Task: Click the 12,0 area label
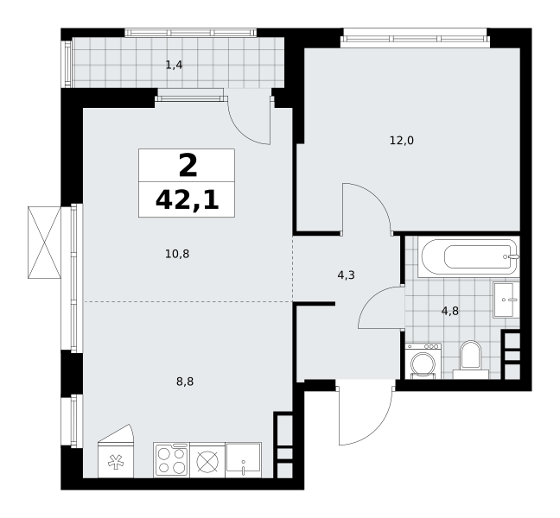pos(402,141)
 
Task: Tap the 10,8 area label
pos(177,254)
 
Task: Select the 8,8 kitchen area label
pos(185,382)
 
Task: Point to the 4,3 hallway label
pos(346,275)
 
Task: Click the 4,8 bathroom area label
pos(450,311)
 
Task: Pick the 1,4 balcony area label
pos(175,65)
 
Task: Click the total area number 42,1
pos(188,200)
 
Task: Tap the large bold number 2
pos(188,166)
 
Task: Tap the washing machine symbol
pos(423,361)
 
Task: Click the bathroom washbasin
pos(506,300)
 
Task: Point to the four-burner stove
pos(172,460)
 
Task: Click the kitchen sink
pos(243,460)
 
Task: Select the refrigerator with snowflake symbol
pos(115,452)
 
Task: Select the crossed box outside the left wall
pos(44,243)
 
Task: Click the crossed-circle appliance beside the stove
pos(207,460)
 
